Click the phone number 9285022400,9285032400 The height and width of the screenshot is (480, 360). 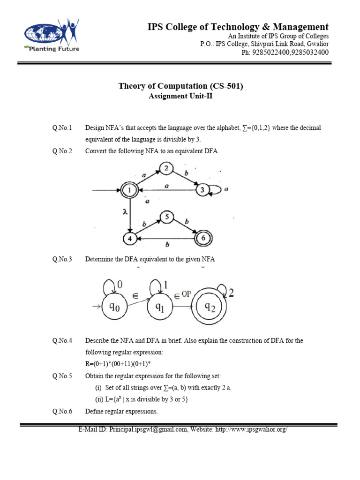pos(290,52)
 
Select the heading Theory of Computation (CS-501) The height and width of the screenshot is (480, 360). pos(180,86)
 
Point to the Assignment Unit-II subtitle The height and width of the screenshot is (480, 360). pos(180,96)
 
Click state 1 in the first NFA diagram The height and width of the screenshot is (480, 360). pos(128,190)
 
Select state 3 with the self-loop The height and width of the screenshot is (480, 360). pos(202,190)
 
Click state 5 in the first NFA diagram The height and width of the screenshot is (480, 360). pos(166,217)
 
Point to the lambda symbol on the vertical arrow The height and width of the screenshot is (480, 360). pos(124,212)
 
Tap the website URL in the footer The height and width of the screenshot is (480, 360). pos(250,429)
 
